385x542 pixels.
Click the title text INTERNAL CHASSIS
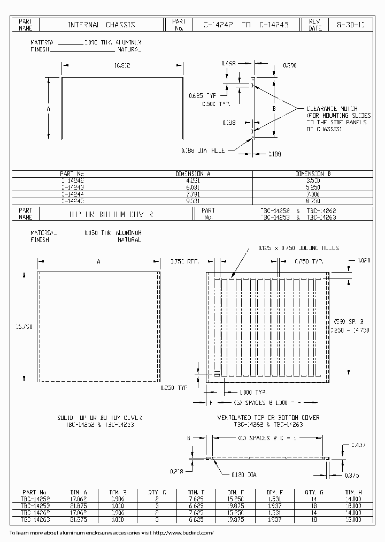(x=101, y=25)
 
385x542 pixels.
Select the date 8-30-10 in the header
(x=351, y=25)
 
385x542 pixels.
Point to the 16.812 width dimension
(x=123, y=65)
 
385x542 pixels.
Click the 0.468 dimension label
(x=229, y=63)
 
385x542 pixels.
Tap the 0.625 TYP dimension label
(x=204, y=96)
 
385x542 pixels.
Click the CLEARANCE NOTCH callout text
(x=332, y=109)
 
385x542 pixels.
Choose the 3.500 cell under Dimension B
(x=313, y=181)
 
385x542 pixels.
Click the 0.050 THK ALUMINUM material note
(x=112, y=234)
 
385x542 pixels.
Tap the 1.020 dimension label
(x=364, y=260)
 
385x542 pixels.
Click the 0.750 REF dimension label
(x=184, y=261)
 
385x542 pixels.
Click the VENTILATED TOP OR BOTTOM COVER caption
(x=268, y=417)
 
